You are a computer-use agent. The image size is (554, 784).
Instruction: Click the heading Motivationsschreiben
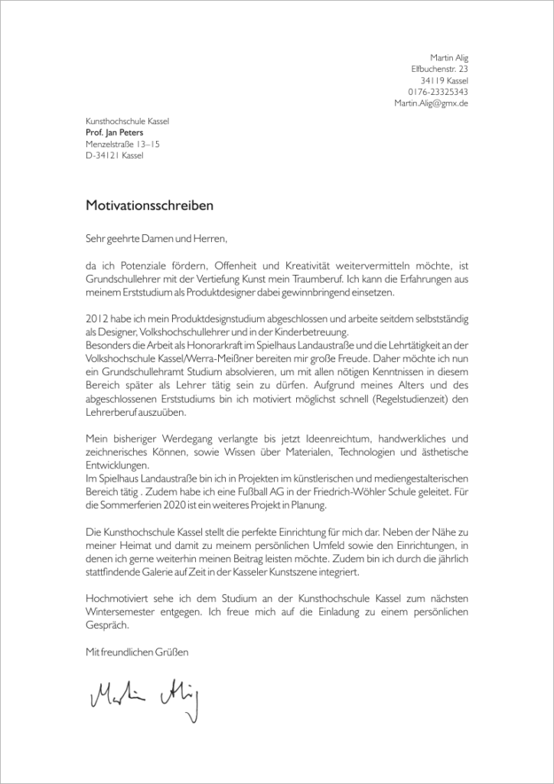149,206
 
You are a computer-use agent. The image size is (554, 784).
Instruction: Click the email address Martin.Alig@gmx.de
431,103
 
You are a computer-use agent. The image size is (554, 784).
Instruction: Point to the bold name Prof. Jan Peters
114,132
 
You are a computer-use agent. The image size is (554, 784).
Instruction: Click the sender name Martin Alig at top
449,57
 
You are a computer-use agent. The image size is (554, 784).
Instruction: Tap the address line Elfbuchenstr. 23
439,69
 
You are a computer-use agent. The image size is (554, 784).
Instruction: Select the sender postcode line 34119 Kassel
444,80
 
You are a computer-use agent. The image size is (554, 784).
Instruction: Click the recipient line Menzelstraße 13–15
122,144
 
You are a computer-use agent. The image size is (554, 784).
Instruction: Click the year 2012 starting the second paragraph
96,318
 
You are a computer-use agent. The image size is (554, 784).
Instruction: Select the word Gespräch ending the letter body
107,624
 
